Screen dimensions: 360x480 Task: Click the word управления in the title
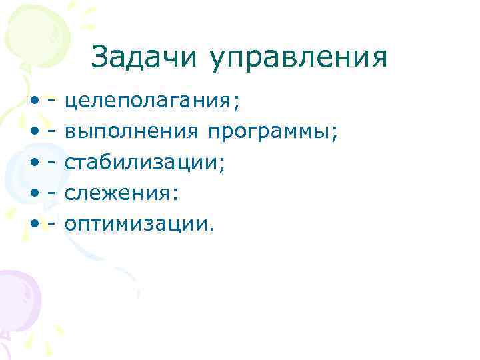297,59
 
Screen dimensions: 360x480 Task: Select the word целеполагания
147,103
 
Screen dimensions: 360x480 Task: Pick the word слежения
119,194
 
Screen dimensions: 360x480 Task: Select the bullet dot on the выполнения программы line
33,133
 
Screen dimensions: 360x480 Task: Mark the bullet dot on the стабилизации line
33,164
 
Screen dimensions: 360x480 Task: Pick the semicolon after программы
335,135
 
